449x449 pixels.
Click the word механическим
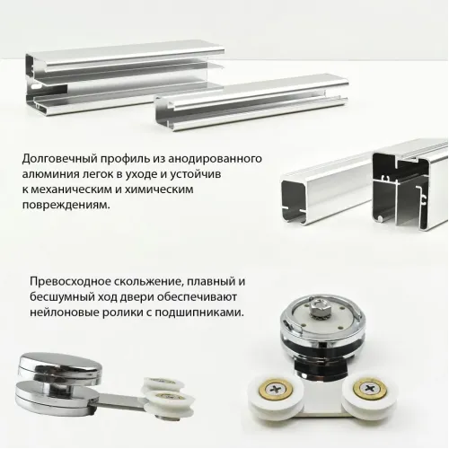click(x=75, y=189)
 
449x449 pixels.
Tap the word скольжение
click(x=154, y=282)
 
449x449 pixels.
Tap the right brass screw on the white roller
click(x=369, y=390)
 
